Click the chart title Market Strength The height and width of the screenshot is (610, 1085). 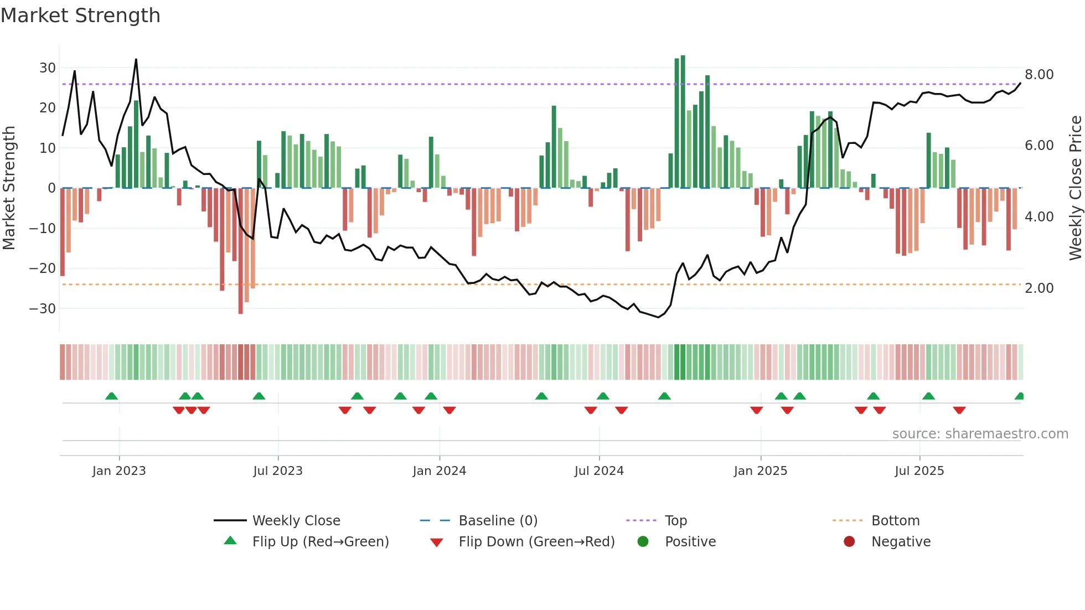point(80,15)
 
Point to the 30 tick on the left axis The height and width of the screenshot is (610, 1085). point(48,68)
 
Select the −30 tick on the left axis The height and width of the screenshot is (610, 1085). point(43,309)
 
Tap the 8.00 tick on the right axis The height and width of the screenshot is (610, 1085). point(1039,75)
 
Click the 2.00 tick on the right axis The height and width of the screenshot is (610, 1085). point(1039,288)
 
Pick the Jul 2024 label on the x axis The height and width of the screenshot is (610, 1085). point(599,471)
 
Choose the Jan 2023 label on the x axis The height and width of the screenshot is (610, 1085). point(119,471)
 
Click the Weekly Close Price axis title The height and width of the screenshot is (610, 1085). point(1075,188)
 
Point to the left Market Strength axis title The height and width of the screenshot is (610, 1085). point(9,188)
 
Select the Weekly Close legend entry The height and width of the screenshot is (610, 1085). point(296,521)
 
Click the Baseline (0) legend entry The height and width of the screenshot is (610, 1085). point(498,521)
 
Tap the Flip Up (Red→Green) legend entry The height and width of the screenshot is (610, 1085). point(321,542)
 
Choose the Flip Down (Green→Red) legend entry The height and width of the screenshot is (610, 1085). point(536,542)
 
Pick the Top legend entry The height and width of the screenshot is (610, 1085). point(676,521)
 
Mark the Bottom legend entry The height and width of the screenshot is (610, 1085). point(895,521)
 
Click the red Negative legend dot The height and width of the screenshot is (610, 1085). point(849,542)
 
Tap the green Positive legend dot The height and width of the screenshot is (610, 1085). point(643,542)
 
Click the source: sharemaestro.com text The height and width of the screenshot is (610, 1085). point(980,434)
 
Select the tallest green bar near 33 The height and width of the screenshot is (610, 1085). point(683,122)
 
